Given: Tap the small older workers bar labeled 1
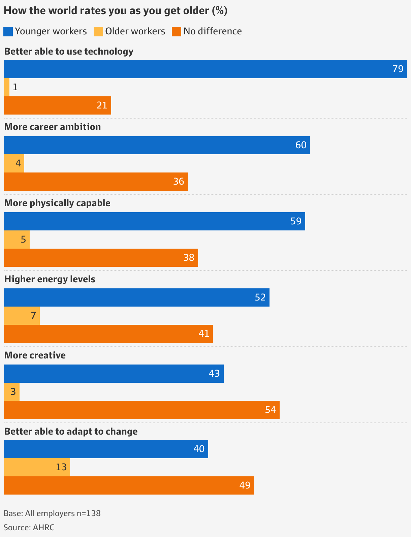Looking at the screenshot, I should [x=7, y=87].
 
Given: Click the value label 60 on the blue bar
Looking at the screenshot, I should [x=301, y=145].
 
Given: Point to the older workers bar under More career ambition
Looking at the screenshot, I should [x=14, y=163].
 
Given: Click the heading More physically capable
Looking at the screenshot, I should [x=57, y=203].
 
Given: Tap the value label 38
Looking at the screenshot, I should [x=189, y=258].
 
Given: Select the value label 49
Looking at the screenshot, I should [x=245, y=485].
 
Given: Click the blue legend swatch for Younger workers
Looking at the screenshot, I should [x=8, y=32].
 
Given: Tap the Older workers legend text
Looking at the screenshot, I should [x=135, y=31].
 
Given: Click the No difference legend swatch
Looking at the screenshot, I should [x=177, y=32].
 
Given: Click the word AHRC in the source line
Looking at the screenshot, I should [x=43, y=527].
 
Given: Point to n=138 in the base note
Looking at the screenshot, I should [x=89, y=513].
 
